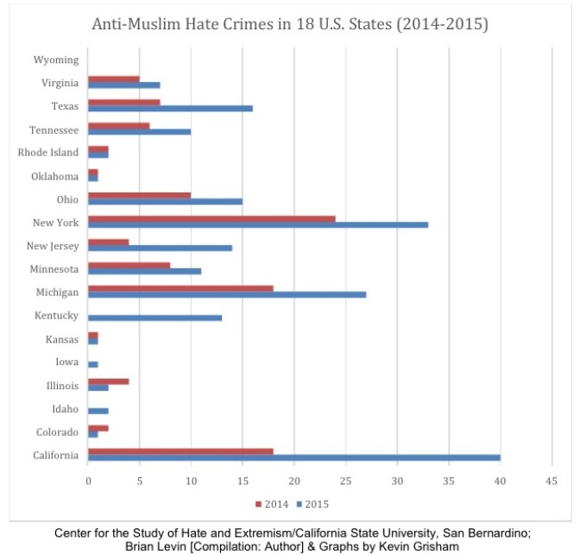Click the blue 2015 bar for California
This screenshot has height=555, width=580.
[x=293, y=457]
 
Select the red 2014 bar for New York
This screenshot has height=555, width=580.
[x=211, y=218]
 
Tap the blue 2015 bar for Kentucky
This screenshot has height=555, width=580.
[x=154, y=318]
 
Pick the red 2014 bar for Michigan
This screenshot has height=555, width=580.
[x=180, y=288]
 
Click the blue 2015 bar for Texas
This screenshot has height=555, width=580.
[x=170, y=109]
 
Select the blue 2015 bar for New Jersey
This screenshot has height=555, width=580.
[x=160, y=248]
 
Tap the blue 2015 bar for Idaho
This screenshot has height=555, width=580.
[x=98, y=411]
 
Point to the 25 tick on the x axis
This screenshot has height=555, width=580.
[x=345, y=480]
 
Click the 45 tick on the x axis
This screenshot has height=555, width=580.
[x=552, y=480]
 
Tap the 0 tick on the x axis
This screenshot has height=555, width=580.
[x=88, y=480]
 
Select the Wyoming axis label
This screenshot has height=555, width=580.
[x=56, y=60]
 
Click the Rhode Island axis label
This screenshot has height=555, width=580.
[x=48, y=153]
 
